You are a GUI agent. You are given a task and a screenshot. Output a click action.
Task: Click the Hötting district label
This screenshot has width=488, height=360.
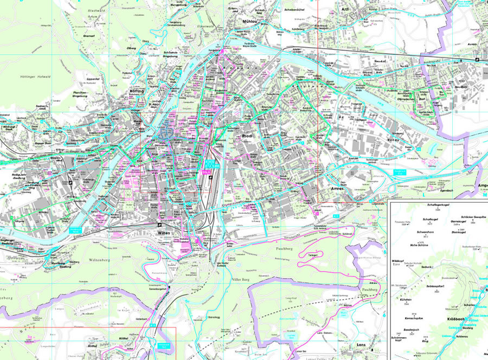136,92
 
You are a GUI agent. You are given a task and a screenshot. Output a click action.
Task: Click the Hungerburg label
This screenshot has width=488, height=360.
178,4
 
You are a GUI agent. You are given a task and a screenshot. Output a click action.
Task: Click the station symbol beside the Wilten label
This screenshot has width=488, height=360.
159,224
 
